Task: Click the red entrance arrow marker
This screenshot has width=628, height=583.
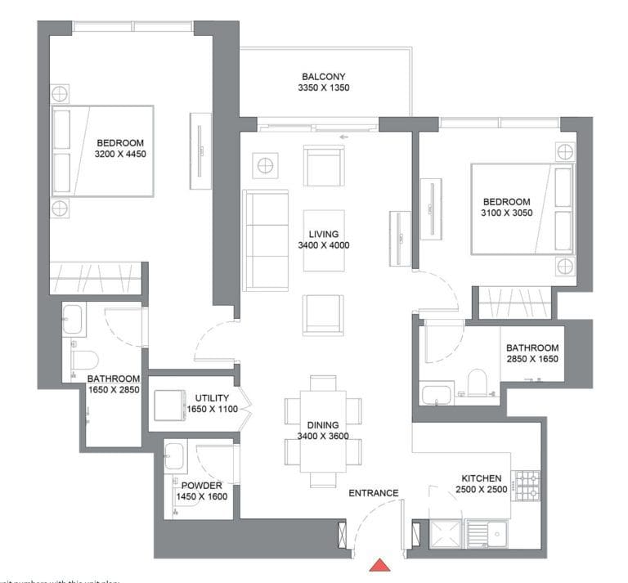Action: tap(380, 565)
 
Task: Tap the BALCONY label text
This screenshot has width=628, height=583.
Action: tap(325, 76)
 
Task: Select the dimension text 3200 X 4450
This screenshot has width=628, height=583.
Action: tap(120, 153)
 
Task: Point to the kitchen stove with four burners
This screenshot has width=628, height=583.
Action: tap(525, 487)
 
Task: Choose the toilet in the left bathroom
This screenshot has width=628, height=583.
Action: tap(85, 359)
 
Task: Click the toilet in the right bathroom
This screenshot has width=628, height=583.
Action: tap(477, 382)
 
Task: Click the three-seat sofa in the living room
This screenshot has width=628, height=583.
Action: tap(265, 240)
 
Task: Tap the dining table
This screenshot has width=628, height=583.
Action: tap(323, 429)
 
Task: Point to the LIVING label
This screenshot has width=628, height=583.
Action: tap(325, 234)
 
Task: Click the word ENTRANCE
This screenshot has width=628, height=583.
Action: tap(373, 493)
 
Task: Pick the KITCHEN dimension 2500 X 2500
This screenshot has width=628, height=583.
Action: tap(482, 490)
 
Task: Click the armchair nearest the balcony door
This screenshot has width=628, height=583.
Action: tap(323, 166)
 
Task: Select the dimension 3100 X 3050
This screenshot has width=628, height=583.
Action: tap(506, 213)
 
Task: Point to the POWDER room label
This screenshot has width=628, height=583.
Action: tap(201, 485)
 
